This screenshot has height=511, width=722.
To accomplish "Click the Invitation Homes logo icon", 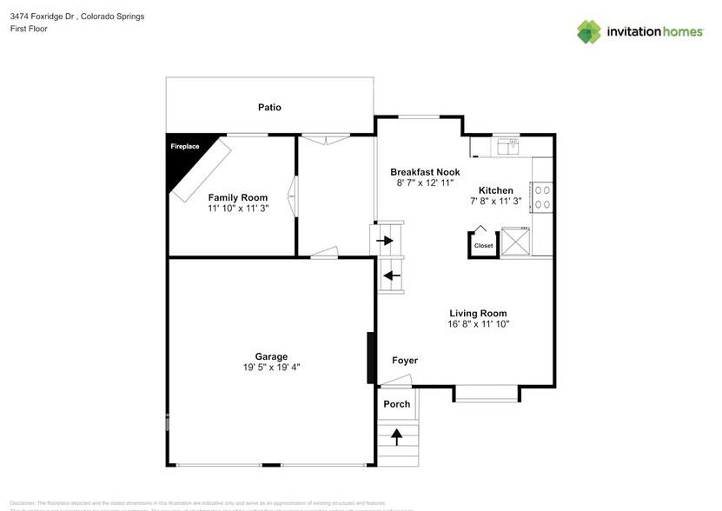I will tap(590, 31).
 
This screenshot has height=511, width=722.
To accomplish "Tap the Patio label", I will tap(269, 108).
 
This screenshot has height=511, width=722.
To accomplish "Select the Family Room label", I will tap(237, 197).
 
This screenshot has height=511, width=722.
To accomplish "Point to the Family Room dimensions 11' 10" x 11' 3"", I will tap(237, 209).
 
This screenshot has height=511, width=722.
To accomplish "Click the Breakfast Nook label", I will tap(424, 172).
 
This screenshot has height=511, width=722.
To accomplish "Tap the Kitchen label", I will tap(496, 190).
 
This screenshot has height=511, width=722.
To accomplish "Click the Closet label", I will tap(483, 246).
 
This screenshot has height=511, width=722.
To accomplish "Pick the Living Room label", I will tap(478, 313).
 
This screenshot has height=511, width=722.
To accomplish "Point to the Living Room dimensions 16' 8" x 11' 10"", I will tap(478, 324).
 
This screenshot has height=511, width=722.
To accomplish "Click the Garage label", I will tap(271, 356).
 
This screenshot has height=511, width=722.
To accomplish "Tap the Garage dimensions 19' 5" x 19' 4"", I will tap(271, 368).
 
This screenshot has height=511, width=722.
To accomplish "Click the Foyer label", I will tap(405, 361).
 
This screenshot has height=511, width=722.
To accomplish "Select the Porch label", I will tap(397, 404).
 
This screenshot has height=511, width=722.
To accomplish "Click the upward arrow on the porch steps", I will tap(398, 436).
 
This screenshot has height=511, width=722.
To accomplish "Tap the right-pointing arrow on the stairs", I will tap(386, 241).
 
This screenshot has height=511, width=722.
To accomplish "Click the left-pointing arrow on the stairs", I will tap(392, 276).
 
